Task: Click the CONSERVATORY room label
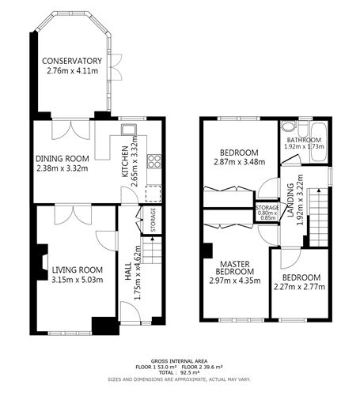pos(73,61)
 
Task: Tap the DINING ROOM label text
pos(62,157)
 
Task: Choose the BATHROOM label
pos(305,140)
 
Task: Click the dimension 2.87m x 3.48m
pos(239,162)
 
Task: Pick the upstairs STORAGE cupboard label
pos(267,207)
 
